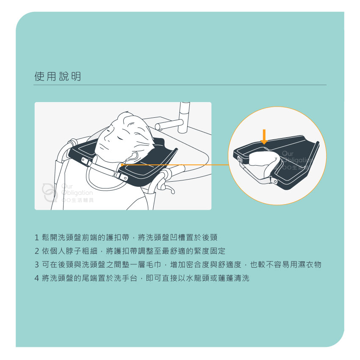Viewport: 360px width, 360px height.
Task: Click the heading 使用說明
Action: (58, 77)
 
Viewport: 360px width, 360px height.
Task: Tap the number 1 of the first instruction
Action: (37, 238)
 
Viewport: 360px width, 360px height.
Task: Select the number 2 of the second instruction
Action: (37, 251)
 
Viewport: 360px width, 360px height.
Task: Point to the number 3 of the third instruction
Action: (37, 265)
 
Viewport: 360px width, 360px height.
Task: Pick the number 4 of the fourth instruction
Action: (37, 278)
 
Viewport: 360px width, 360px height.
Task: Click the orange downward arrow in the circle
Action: (264, 137)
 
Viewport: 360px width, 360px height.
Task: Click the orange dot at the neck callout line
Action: (122, 165)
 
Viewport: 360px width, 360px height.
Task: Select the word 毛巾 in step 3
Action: (154, 265)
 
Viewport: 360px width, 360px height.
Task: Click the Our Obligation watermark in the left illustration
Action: (68, 193)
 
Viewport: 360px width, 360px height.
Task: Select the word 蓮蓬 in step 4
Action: (226, 278)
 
